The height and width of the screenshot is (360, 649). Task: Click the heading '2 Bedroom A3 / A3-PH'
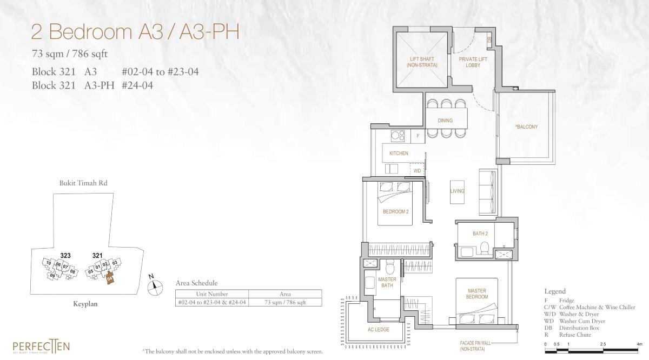pos(135,32)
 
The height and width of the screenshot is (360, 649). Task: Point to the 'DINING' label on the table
pos(445,121)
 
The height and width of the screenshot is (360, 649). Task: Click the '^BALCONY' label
pos(526,127)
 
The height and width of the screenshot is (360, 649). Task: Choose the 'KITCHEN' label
pos(399,154)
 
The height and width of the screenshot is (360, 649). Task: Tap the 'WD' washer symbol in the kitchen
pos(417,171)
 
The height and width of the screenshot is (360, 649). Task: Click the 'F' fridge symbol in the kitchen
pos(418,136)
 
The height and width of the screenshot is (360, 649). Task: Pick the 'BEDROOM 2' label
pos(395,211)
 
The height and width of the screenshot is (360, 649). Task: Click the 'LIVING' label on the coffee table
pos(457,191)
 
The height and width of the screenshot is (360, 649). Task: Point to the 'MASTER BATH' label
pos(387,283)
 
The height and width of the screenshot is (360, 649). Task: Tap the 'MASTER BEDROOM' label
pos(477,294)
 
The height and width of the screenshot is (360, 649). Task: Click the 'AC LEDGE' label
pos(378,329)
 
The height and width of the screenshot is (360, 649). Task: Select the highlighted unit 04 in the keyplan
pos(110,278)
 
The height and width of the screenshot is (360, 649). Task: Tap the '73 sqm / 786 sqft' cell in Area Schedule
pos(285,303)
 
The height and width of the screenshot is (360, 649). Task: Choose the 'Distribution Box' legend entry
pos(575,328)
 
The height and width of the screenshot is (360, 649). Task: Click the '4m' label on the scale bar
pos(639,344)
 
